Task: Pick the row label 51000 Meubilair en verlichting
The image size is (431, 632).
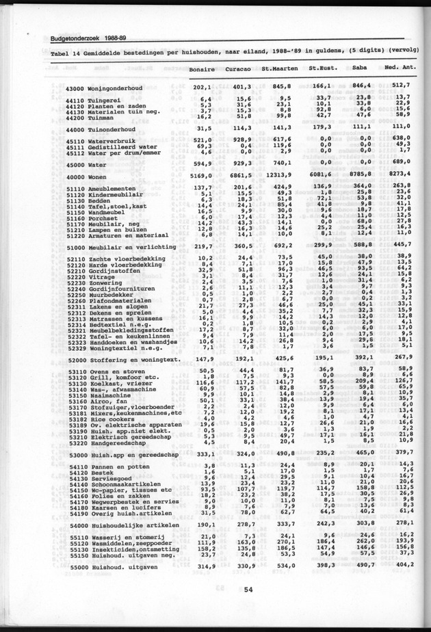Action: (118, 246)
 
